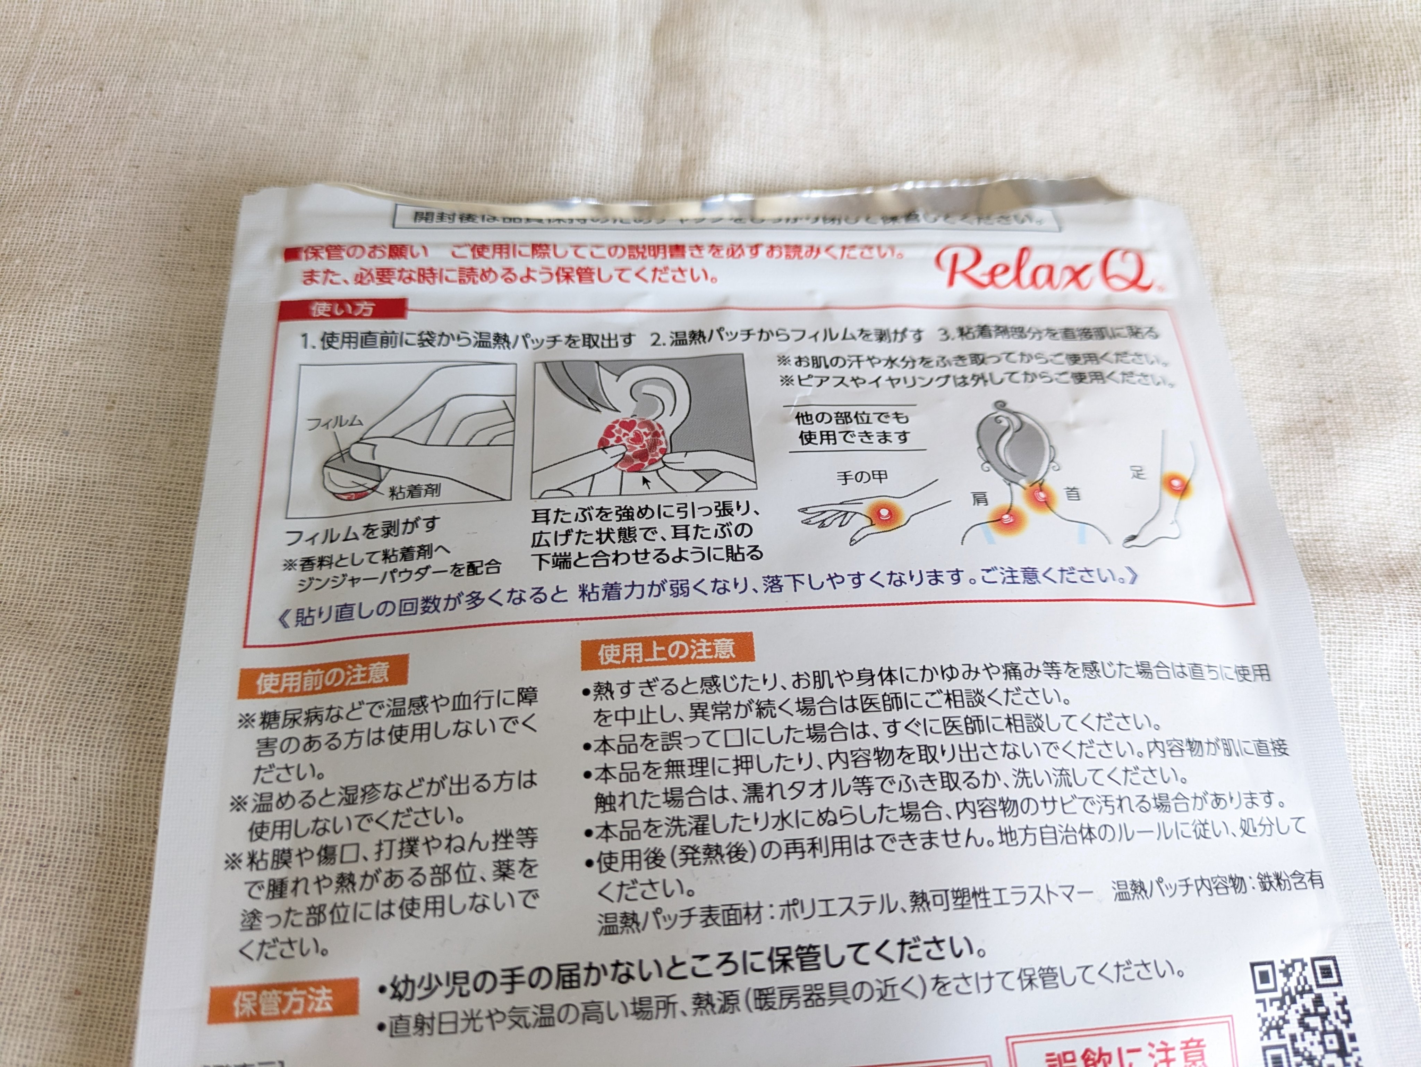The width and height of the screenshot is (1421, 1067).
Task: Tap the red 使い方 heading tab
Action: pyautogui.click(x=342, y=309)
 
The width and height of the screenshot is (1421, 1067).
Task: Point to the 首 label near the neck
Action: pyautogui.click(x=1072, y=493)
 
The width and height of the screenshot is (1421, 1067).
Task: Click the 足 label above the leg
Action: pyautogui.click(x=1138, y=473)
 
